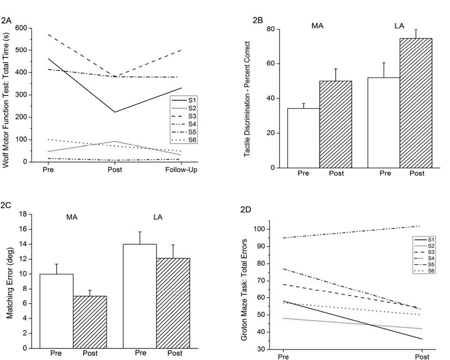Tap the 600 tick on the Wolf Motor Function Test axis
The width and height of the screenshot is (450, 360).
pos(20,28)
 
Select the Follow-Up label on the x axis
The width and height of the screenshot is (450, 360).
pos(181,170)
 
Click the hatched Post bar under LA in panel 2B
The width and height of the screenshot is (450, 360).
pos(416,103)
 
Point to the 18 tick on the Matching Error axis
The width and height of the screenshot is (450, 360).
pos(21,214)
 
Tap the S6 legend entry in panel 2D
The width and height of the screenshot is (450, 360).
pos(428,270)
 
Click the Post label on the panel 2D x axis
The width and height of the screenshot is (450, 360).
pos(422,357)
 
